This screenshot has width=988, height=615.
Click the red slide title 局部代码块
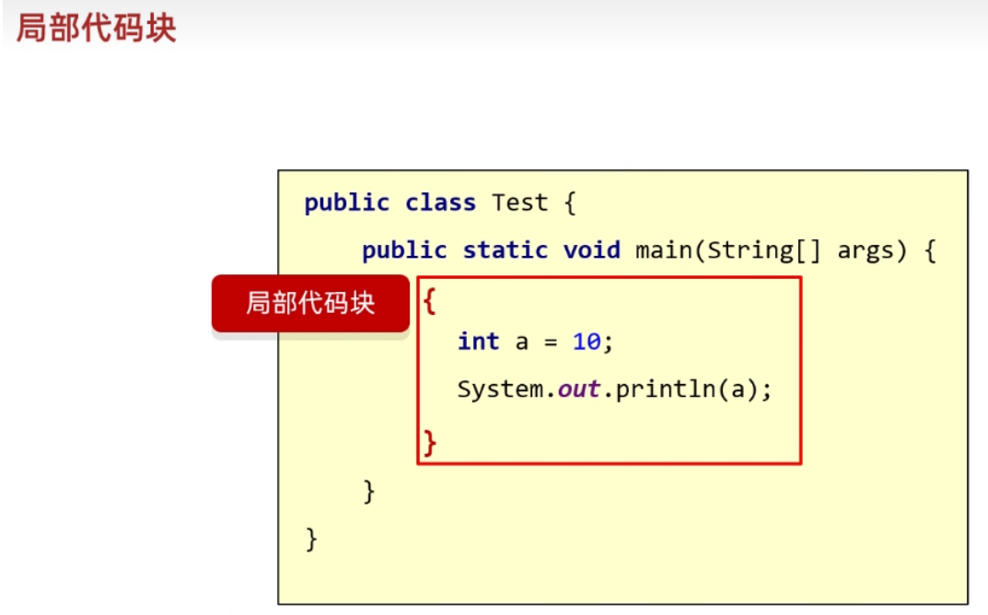[96, 29]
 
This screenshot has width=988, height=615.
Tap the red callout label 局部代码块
[310, 304]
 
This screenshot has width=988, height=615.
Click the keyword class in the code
[440, 203]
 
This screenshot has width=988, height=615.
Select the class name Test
[519, 203]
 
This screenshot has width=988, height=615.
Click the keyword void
[591, 250]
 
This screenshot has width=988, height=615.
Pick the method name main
[664, 250]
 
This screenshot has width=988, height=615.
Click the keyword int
[479, 342]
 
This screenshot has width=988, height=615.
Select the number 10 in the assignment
[587, 342]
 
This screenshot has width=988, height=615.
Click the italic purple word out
[579, 389]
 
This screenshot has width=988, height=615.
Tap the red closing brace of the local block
[429, 443]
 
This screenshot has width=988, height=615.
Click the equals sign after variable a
[551, 342]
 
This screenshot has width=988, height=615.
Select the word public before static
[404, 250]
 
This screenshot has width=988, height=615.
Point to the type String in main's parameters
[749, 250]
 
